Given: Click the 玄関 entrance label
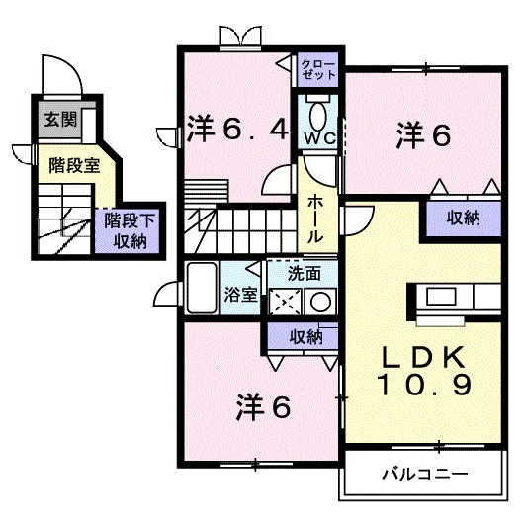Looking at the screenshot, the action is pos(60,119).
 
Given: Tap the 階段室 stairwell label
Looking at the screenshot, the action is pos(74,165).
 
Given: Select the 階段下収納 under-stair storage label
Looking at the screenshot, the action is pos(130,231).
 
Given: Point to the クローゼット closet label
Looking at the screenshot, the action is pos(318,69).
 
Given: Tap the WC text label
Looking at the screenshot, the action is pos(319,137).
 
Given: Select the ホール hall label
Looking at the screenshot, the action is pos(315,219).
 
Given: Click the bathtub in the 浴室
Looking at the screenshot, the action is pos(202,288).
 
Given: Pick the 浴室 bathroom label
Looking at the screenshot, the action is pos(240,295).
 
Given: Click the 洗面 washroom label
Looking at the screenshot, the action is pos(305,274).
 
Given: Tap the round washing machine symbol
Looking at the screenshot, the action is pos(320,302).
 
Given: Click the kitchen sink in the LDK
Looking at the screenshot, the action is pos(441,297).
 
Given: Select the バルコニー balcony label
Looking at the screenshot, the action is pos(425,474).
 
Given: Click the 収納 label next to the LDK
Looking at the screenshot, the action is pos(463,219).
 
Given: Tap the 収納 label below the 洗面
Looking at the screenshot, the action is pos(305,336).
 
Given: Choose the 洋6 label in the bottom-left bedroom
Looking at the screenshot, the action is pos(263,406).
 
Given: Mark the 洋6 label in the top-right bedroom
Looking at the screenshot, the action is pos(423,135).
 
